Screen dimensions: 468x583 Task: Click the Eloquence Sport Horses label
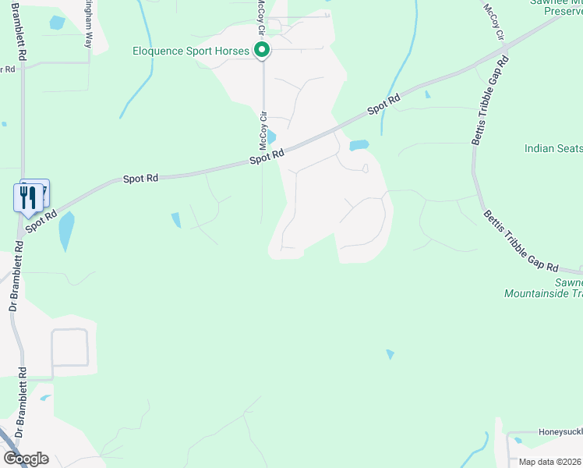click(x=191, y=51)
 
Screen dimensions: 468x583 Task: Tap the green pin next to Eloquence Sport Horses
click(x=263, y=51)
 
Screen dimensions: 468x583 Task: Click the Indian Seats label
click(x=553, y=148)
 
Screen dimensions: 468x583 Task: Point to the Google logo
click(x=25, y=459)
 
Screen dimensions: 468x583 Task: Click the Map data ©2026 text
click(x=550, y=462)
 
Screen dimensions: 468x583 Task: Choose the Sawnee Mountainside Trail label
click(x=543, y=289)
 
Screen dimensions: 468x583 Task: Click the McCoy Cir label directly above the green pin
click(x=263, y=19)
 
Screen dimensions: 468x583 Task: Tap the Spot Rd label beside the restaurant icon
click(x=42, y=220)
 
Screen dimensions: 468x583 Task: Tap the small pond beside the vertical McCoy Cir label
click(x=270, y=136)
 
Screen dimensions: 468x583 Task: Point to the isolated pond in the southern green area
click(x=390, y=354)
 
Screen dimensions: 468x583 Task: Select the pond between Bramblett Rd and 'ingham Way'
click(x=57, y=23)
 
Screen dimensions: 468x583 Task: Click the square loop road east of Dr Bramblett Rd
click(x=69, y=348)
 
